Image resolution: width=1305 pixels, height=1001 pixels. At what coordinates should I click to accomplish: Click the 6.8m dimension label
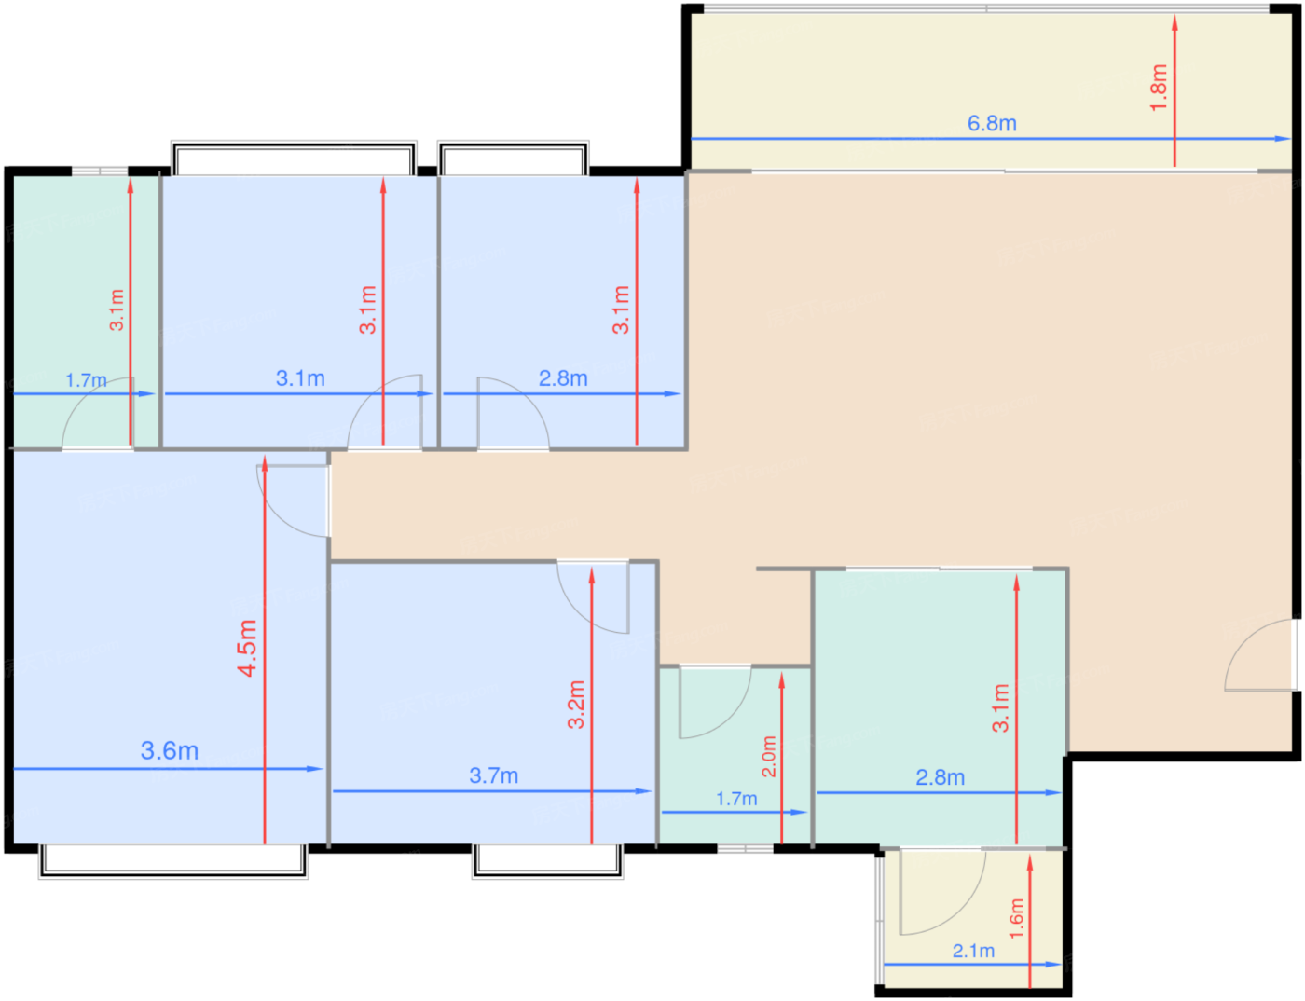(992, 123)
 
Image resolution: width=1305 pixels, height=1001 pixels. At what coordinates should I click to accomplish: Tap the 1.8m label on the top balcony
(1159, 88)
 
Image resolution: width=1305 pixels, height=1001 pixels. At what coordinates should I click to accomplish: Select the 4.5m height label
(247, 648)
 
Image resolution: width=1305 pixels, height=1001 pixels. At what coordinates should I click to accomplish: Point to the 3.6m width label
(170, 750)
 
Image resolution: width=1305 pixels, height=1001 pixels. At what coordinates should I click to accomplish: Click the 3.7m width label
(493, 775)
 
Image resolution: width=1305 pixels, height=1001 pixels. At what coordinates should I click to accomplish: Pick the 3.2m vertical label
(576, 705)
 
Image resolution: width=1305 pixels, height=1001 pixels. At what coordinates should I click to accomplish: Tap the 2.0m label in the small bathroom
(769, 757)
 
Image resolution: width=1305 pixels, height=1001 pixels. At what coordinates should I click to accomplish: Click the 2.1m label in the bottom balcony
(973, 951)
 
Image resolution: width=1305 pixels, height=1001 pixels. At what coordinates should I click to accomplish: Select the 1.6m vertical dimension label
(1016, 919)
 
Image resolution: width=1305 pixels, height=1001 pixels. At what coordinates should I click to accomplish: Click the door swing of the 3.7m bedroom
(575, 611)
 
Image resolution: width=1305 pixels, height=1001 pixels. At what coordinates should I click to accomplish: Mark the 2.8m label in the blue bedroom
(563, 378)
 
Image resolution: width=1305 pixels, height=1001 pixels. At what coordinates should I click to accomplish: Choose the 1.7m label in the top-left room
(86, 380)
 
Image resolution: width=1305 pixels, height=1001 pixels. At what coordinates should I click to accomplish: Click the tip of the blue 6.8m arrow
(1290, 139)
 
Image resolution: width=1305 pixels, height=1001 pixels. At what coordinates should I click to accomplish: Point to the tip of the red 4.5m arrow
(264, 456)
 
